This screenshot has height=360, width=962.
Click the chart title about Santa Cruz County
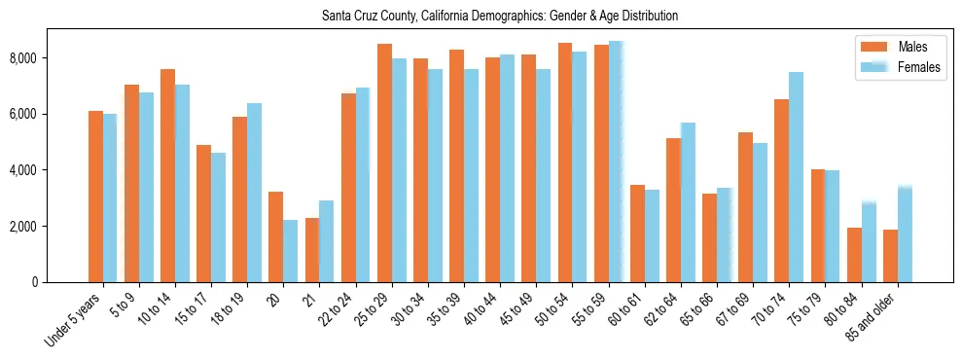(499, 17)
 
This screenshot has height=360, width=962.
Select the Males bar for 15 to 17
(204, 213)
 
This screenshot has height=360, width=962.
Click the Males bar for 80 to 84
(854, 255)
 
